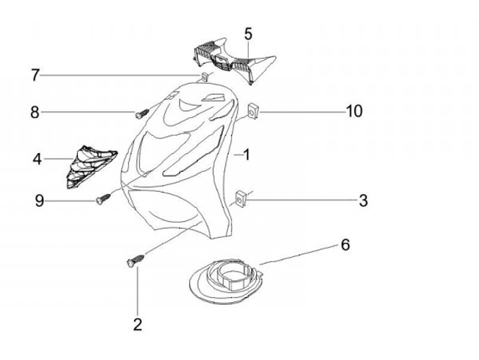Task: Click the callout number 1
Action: click(x=246, y=155)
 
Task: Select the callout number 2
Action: click(x=137, y=325)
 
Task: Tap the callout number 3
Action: click(x=363, y=200)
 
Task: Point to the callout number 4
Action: click(x=37, y=159)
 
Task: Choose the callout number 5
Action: click(x=248, y=33)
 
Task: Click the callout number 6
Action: click(x=345, y=244)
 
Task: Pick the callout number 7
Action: click(x=35, y=75)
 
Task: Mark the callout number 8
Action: click(x=35, y=112)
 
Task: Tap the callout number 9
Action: click(x=39, y=200)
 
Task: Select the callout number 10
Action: click(x=354, y=111)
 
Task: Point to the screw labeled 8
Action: click(x=140, y=114)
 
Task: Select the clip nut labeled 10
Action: click(x=254, y=111)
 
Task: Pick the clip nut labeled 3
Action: click(x=241, y=198)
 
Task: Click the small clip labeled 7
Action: click(x=205, y=77)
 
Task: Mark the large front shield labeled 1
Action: click(x=180, y=166)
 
